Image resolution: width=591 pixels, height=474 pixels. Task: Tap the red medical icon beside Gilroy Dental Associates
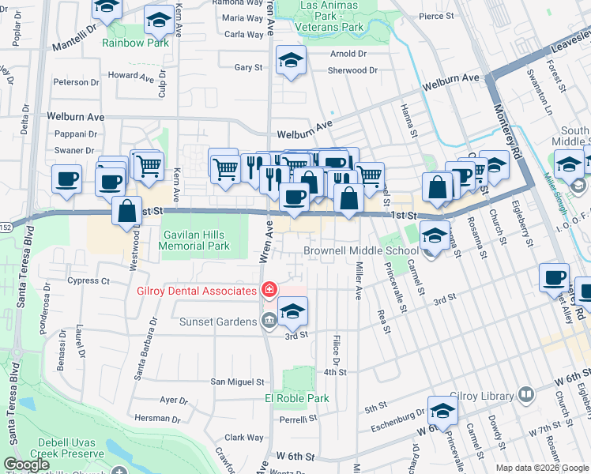click(269, 292)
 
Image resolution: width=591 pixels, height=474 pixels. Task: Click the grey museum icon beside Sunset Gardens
click(269, 321)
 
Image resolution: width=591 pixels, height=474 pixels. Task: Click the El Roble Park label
click(296, 398)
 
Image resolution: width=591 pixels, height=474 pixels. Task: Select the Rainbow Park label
click(135, 43)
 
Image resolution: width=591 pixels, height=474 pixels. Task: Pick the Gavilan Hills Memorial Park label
click(194, 240)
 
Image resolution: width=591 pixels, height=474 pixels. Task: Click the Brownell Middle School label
click(361, 251)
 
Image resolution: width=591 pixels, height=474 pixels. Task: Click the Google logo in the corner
click(27, 465)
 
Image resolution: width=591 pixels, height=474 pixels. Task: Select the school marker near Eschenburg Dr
click(442, 410)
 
